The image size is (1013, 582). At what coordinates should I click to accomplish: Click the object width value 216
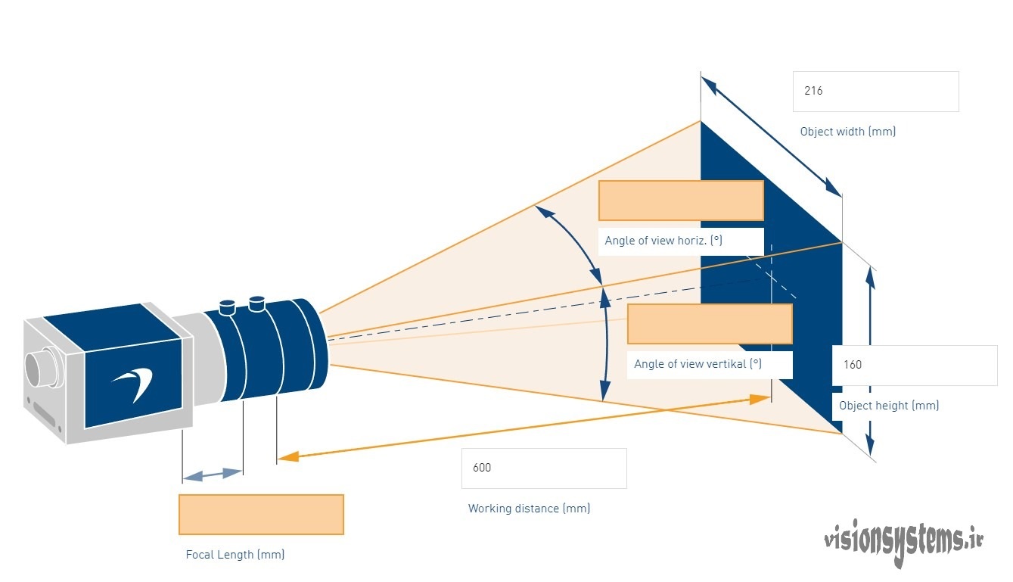[813, 91]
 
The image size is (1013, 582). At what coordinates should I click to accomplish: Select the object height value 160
[853, 365]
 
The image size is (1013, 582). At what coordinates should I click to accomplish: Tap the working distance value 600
[482, 468]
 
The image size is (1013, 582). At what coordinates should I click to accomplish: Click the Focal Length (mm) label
[235, 555]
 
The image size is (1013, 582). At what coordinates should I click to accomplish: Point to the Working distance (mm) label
[529, 509]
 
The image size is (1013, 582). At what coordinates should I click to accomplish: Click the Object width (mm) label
[848, 132]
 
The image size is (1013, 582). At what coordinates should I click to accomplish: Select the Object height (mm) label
[889, 406]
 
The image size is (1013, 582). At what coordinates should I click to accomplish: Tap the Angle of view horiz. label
[663, 241]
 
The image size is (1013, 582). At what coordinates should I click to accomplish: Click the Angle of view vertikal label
[698, 364]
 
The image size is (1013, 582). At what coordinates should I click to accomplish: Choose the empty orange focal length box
[262, 515]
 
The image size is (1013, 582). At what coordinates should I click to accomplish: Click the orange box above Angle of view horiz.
[681, 201]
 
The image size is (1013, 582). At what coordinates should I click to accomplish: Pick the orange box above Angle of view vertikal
[710, 324]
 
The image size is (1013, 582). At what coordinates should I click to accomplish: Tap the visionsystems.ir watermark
[903, 542]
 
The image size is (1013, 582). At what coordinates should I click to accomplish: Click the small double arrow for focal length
[213, 475]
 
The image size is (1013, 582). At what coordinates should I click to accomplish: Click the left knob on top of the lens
[226, 307]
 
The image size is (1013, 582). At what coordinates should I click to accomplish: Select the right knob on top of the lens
[257, 303]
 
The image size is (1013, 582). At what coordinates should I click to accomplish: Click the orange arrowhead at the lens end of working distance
[288, 456]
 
